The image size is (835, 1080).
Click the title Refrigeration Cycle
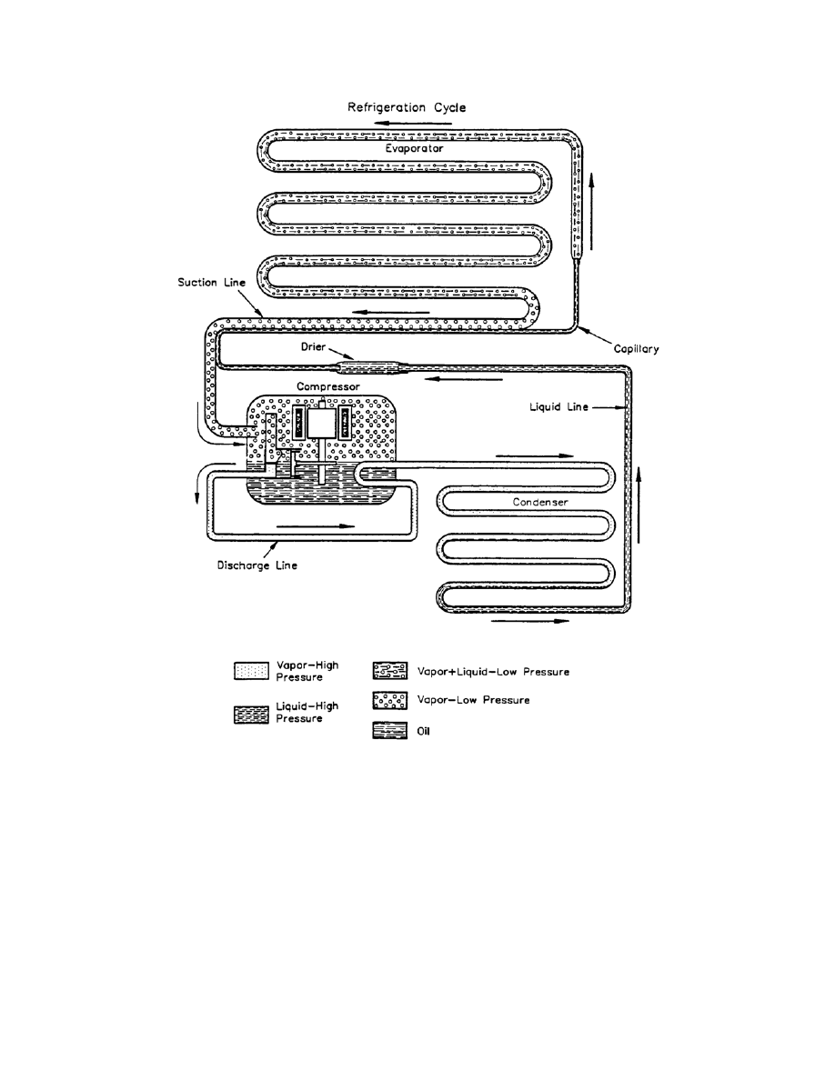407,107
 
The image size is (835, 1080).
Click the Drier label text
313,349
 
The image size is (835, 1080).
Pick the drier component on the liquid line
373,367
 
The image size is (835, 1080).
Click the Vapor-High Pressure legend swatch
246,671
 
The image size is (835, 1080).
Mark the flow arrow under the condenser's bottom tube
531,623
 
